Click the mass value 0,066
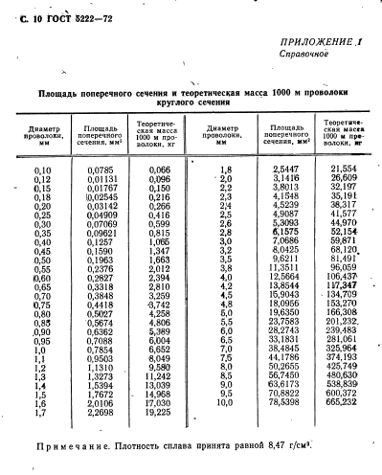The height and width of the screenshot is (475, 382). [x=158, y=170]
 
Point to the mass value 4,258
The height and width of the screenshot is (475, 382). [x=158, y=312]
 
